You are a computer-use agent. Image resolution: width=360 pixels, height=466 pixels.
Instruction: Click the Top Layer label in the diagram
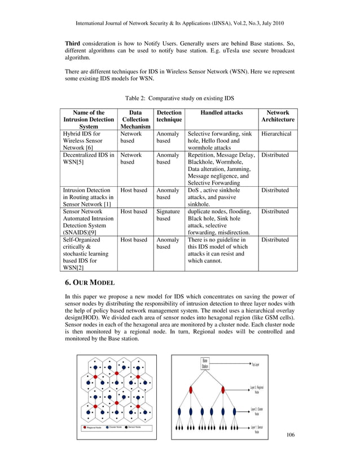point(255,364)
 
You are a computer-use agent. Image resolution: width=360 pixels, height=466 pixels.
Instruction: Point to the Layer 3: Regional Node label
point(257,389)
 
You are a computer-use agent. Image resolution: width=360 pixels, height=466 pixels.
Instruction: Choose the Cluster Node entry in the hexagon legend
point(113,427)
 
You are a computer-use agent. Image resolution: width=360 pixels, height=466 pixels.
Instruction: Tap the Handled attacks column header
point(222,112)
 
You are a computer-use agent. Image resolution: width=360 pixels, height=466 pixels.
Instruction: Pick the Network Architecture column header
point(278,116)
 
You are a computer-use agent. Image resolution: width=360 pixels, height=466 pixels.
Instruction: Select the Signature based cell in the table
point(168,215)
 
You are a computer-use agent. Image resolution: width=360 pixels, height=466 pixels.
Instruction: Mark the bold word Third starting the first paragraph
point(73,43)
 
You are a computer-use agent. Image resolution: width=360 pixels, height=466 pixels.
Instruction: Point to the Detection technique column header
point(169,116)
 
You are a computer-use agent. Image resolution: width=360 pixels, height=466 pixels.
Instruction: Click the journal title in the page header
point(180,25)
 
